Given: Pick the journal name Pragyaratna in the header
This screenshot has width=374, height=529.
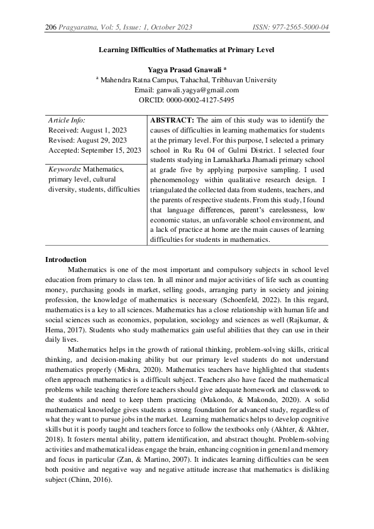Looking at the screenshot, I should tap(80, 27).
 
